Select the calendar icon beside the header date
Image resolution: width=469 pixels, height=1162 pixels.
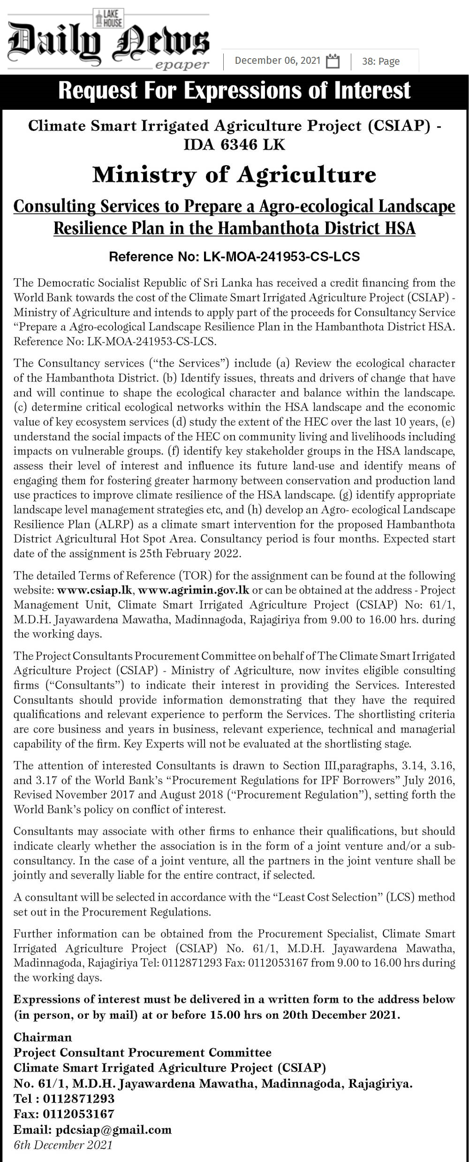pyautogui.click(x=333, y=61)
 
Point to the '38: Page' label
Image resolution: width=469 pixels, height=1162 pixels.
pyautogui.click(x=380, y=61)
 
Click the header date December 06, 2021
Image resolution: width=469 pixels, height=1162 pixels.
pyautogui.click(x=277, y=61)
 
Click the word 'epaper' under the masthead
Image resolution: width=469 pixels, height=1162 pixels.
pyautogui.click(x=182, y=65)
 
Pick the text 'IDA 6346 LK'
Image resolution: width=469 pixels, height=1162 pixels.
pyautogui.click(x=234, y=145)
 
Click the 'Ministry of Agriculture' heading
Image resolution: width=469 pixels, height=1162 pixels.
pyautogui.click(x=234, y=175)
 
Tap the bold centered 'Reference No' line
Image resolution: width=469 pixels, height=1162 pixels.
pyautogui.click(x=234, y=257)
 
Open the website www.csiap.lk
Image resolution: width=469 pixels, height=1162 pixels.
pyautogui.click(x=95, y=590)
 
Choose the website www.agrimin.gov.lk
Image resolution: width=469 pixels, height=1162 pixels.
pyautogui.click(x=193, y=590)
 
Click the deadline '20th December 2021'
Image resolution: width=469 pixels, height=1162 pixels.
pyautogui.click(x=340, y=1015)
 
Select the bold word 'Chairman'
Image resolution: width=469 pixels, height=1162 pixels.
pyautogui.click(x=43, y=1037)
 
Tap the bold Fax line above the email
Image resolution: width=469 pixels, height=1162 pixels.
pyautogui.click(x=64, y=1114)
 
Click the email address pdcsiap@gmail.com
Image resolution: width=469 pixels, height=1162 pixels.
pyautogui.click(x=113, y=1129)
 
